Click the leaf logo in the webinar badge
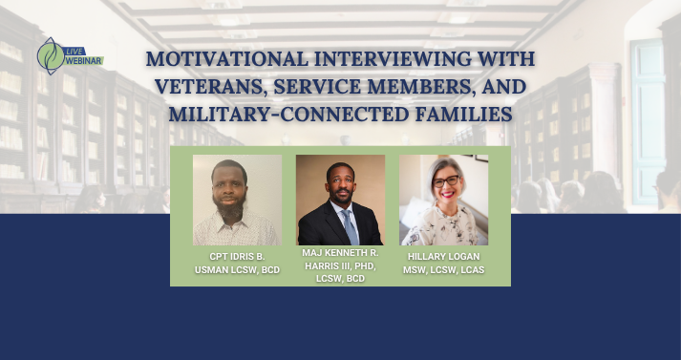[51, 56]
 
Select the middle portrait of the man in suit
[340, 201]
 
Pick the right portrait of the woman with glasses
[443, 201]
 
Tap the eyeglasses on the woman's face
[446, 181]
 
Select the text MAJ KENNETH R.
[340, 252]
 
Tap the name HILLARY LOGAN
[444, 256]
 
